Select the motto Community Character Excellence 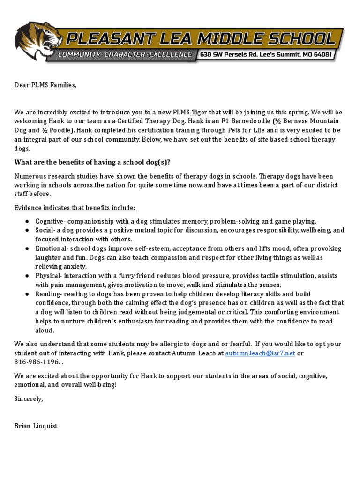pyautogui.click(x=125, y=55)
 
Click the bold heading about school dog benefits pyautogui.click(x=92, y=162)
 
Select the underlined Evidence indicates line pyautogui.click(x=75, y=208)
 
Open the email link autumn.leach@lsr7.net pyautogui.click(x=260, y=353)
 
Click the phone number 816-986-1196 pyautogui.click(x=37, y=362)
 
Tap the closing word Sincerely pyautogui.click(x=29, y=398)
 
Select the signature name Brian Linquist pyautogui.click(x=36, y=426)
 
